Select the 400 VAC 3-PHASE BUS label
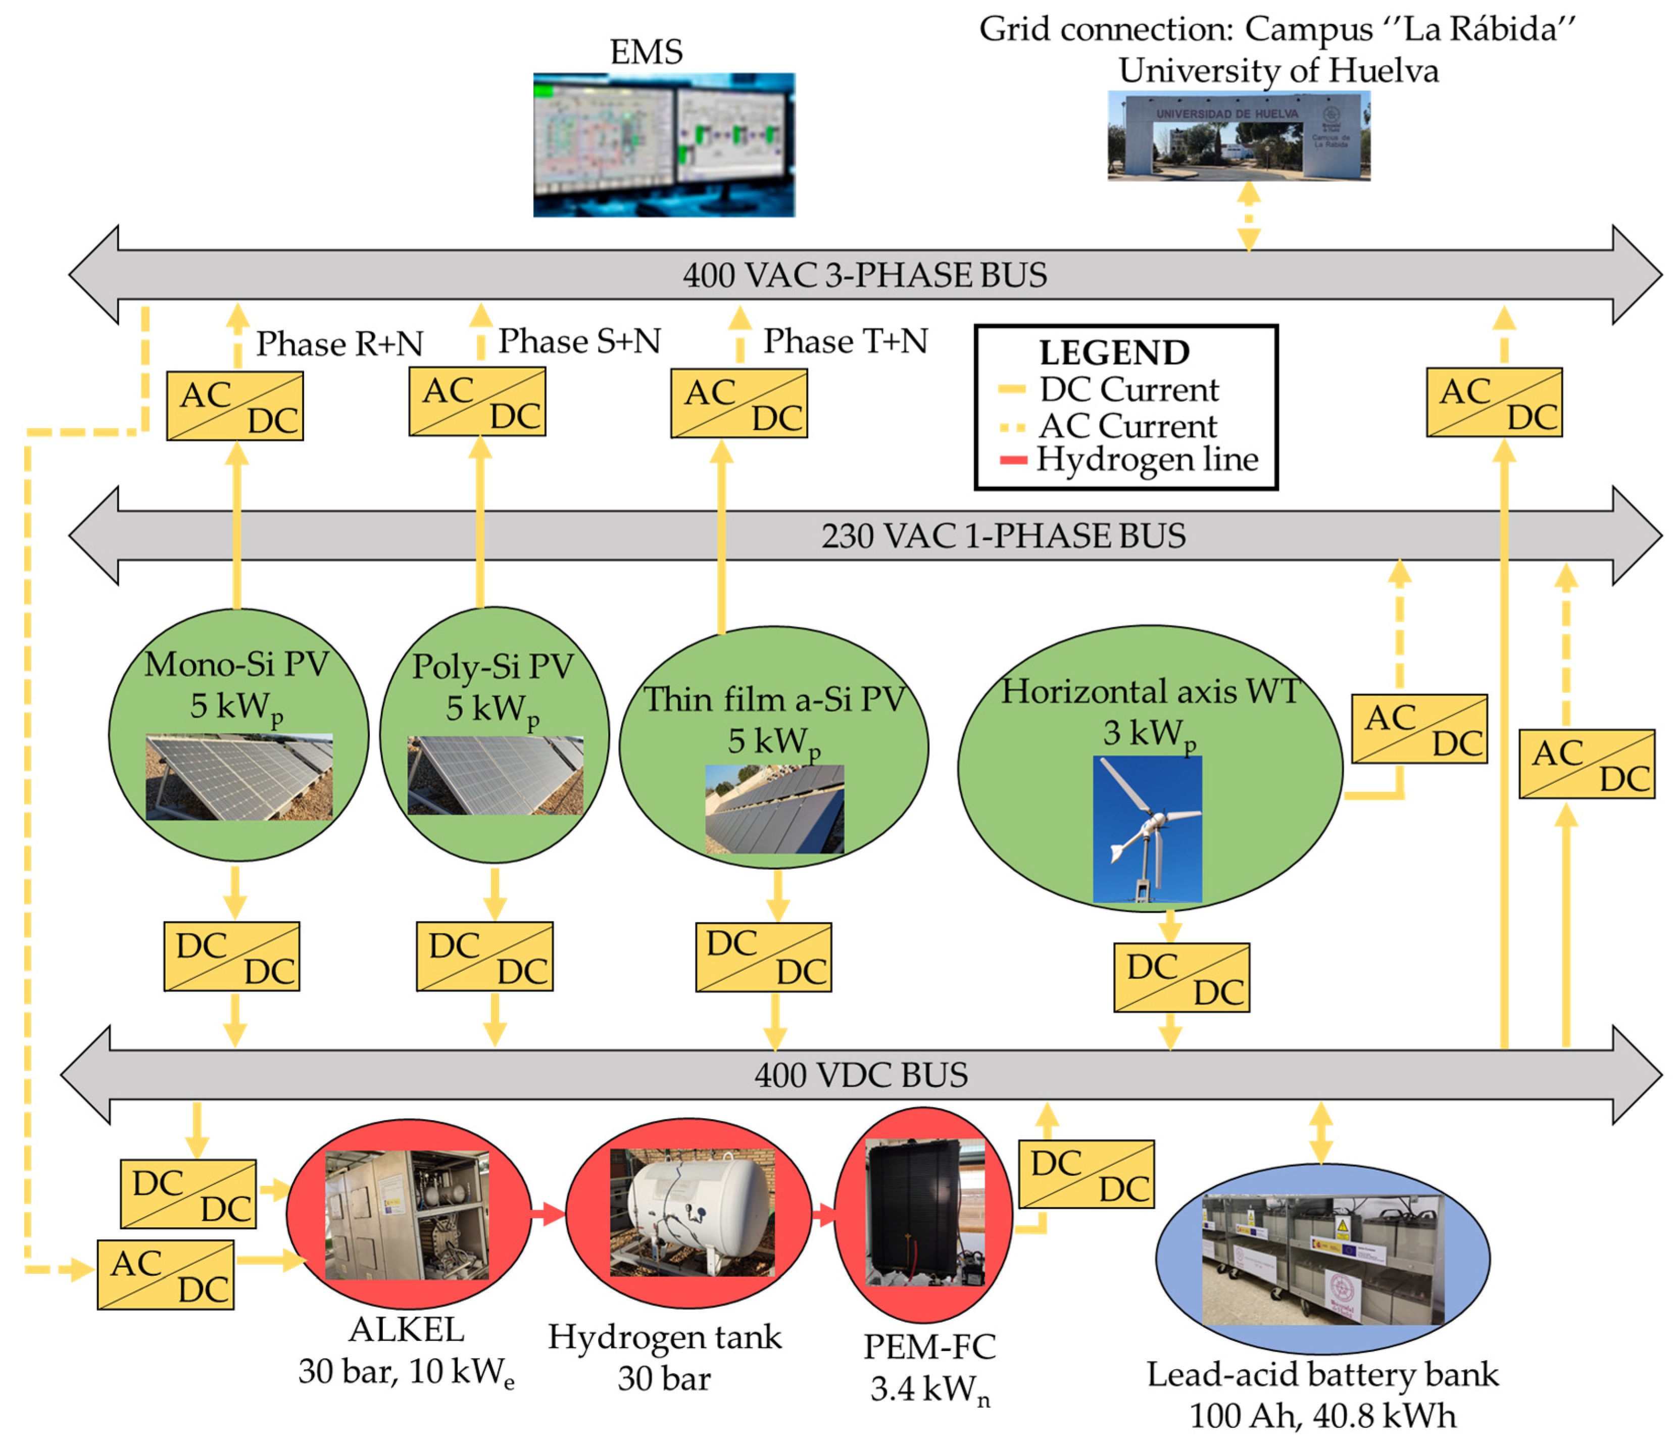[x=864, y=275]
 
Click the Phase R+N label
[x=339, y=343]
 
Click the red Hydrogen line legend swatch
[x=1012, y=461]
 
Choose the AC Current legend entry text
[x=1128, y=425]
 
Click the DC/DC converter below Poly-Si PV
[x=484, y=956]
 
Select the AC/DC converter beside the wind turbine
[x=1419, y=728]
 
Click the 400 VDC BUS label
[x=860, y=1075]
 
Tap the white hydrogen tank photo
[x=692, y=1213]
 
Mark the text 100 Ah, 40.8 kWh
[x=1322, y=1416]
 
